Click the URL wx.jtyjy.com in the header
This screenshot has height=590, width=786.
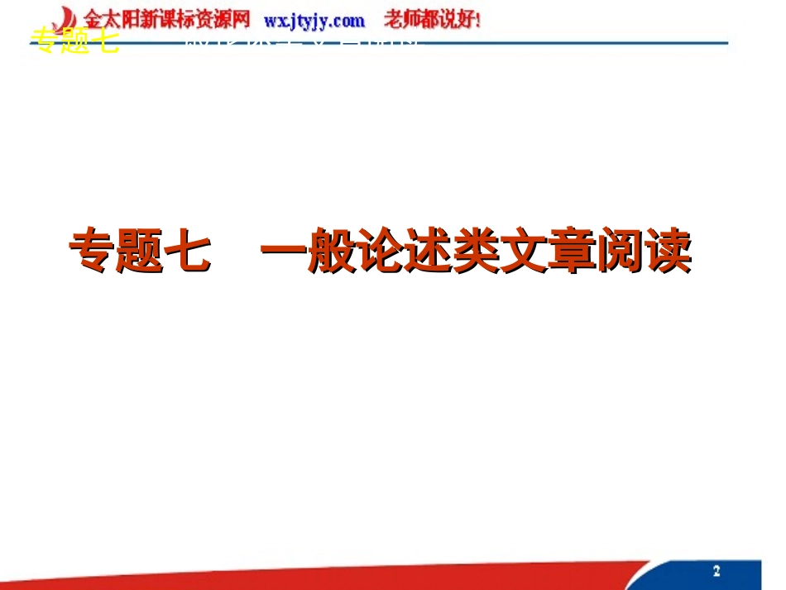[x=314, y=19]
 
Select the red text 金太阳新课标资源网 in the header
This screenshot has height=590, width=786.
[x=167, y=19]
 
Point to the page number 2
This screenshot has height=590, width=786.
[x=717, y=571]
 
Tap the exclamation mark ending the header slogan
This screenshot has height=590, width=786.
[x=478, y=19]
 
